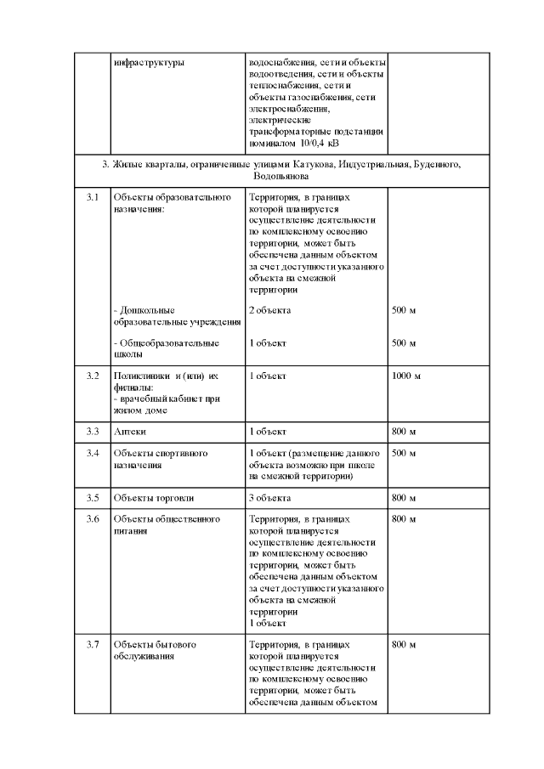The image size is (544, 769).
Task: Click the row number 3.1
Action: click(x=93, y=198)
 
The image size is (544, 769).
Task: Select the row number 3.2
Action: click(x=93, y=375)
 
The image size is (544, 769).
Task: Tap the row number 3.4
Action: click(x=93, y=454)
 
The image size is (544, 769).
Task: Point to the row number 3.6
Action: click(x=93, y=519)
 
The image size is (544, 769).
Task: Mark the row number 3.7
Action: click(x=93, y=645)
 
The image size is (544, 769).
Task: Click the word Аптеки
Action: click(x=129, y=432)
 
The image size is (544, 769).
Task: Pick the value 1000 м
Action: click(x=405, y=375)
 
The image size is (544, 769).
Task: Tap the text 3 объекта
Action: click(x=269, y=497)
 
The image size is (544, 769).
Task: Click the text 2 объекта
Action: click(x=269, y=310)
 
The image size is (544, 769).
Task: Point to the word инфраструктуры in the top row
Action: click(x=148, y=63)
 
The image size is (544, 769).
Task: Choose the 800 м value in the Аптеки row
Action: click(x=403, y=432)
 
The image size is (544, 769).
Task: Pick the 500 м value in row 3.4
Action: click(x=403, y=454)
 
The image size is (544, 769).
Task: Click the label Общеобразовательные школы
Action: click(x=165, y=348)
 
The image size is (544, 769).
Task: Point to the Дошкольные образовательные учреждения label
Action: click(x=169, y=315)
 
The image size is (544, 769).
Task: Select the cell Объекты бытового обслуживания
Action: click(x=154, y=650)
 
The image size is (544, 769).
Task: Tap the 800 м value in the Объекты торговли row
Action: click(x=403, y=497)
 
